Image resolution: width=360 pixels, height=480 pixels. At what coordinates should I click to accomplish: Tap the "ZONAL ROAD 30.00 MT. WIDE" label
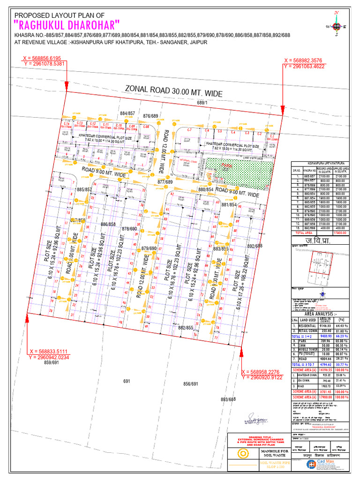(173, 91)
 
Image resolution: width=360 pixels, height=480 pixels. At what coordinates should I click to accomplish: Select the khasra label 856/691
(191, 384)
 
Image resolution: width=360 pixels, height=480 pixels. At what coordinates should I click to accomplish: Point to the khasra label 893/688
(229, 399)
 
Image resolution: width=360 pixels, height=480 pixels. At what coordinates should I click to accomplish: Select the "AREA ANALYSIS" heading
(321, 314)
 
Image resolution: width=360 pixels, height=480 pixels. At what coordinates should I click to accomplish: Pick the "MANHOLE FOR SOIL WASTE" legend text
(272, 453)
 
